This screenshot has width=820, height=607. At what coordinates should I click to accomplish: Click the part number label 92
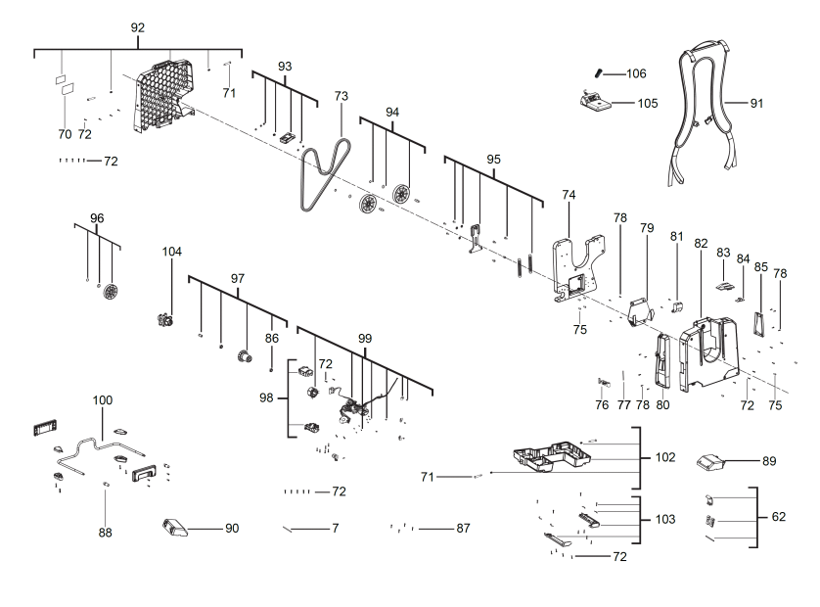click(138, 27)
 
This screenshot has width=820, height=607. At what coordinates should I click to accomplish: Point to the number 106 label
click(636, 73)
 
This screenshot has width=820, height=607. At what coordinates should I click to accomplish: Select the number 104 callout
click(172, 252)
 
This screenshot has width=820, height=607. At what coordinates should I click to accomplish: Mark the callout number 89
click(769, 459)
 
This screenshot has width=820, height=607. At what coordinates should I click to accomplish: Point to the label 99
click(365, 338)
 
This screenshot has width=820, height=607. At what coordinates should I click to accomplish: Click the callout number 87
click(463, 529)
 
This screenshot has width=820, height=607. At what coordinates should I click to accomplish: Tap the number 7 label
click(335, 529)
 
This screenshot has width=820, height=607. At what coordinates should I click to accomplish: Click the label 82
click(701, 243)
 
